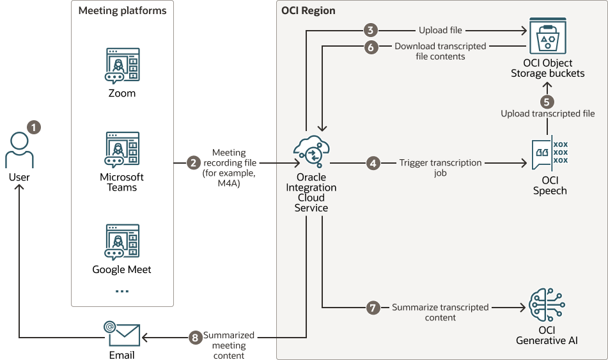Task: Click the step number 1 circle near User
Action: click(x=34, y=127)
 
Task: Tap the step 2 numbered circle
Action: click(x=194, y=163)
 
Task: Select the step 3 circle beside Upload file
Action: click(x=370, y=30)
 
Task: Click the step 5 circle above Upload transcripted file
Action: click(x=547, y=101)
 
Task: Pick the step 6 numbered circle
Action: click(x=370, y=47)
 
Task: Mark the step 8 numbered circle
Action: click(x=196, y=336)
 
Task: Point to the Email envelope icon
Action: click(x=122, y=333)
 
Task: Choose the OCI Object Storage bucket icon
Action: click(x=547, y=40)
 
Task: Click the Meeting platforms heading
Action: click(x=122, y=11)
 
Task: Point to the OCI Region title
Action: click(x=308, y=11)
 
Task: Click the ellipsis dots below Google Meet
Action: click(x=122, y=291)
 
